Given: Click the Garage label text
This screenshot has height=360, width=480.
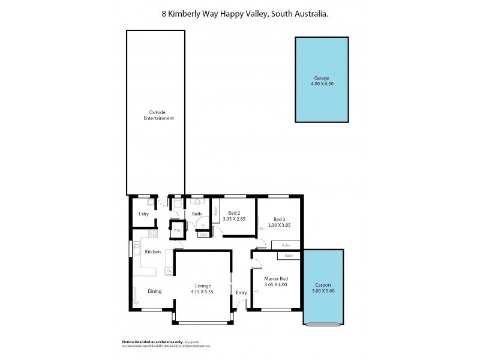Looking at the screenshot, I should (x=322, y=78).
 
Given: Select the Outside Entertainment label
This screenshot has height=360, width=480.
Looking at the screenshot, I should (x=158, y=115).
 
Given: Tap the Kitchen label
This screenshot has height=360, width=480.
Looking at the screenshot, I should (x=152, y=251).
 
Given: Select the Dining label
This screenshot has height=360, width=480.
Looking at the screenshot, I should (x=155, y=291).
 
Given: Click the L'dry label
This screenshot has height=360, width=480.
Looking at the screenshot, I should (x=143, y=214).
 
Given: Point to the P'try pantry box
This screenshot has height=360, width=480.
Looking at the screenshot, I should (x=178, y=230).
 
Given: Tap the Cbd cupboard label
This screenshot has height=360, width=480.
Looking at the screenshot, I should (x=202, y=234).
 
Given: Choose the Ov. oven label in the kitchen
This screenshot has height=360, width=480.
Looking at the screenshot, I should (x=169, y=272).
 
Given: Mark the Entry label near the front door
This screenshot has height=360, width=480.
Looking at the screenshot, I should (x=241, y=292).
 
